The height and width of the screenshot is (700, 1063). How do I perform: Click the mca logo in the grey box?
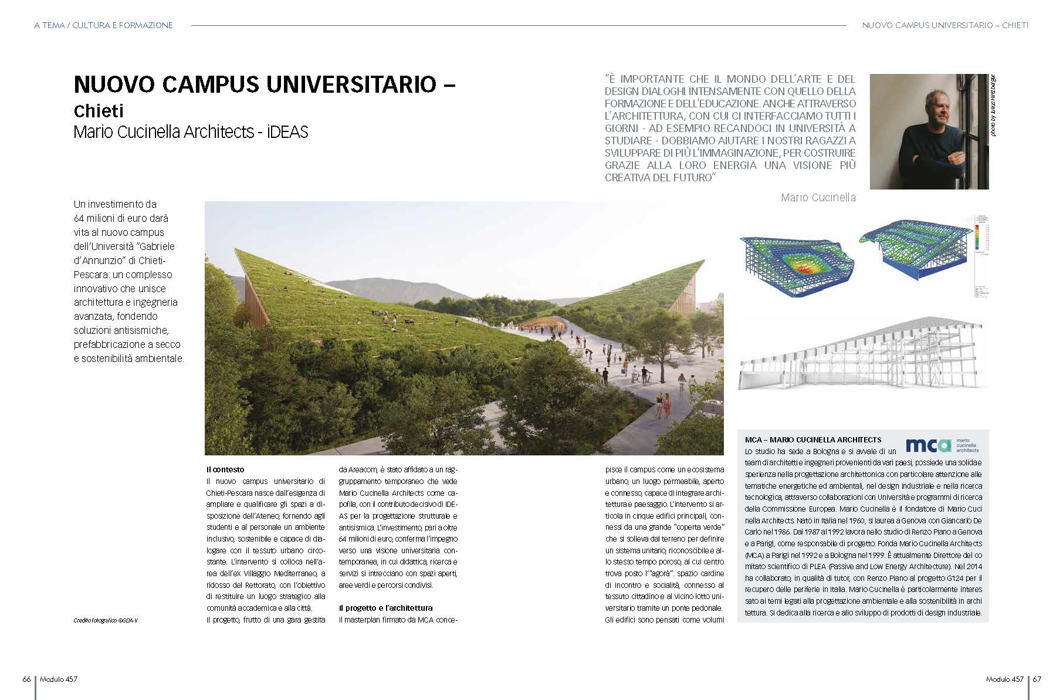(927, 445)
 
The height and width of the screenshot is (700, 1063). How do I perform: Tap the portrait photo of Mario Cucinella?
(929, 131)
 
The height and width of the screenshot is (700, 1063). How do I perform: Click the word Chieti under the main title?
(99, 111)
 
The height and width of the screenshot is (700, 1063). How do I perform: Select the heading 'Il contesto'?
(225, 469)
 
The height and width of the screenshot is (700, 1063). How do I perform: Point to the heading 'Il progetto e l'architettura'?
(385, 608)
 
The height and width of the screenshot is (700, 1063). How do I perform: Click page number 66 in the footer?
(26, 679)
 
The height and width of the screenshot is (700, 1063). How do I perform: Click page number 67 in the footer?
(1037, 679)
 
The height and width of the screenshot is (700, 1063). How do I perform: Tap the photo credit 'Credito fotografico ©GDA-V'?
(106, 620)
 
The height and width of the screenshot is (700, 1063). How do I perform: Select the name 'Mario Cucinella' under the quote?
(818, 198)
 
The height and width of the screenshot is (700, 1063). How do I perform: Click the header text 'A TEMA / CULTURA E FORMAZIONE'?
(103, 25)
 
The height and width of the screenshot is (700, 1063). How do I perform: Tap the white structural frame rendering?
(862, 355)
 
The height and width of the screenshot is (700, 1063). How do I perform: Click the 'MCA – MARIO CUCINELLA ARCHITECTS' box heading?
(813, 439)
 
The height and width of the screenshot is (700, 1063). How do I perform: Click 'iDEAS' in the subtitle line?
(287, 131)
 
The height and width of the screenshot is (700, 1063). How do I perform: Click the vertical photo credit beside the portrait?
(993, 106)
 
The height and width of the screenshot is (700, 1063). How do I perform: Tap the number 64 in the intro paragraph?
(80, 218)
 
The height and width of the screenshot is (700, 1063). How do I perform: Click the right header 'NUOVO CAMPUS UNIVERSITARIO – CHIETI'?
(944, 25)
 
